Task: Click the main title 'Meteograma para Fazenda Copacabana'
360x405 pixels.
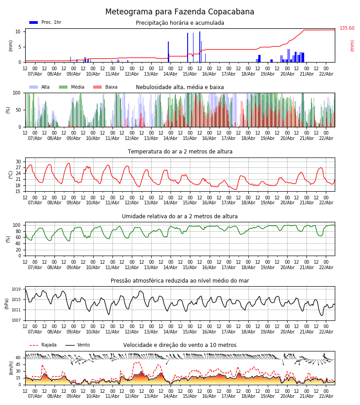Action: pos(180,12)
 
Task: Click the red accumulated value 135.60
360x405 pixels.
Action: pos(347,28)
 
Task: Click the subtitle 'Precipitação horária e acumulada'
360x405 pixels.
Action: pos(180,23)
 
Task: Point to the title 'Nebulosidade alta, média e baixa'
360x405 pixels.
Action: pos(180,87)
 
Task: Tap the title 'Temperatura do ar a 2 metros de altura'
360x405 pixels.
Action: pos(180,152)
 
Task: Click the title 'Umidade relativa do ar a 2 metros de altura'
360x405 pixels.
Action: pos(180,216)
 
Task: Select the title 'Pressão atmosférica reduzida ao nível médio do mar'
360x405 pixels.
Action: pos(180,281)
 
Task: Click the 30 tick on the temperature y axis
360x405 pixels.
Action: pos(18,162)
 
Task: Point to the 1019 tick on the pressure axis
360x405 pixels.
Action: pos(17,289)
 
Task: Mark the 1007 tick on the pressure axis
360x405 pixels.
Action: pos(17,320)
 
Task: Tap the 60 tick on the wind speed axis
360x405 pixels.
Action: pos(18,358)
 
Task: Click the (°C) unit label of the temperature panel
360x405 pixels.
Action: pos(11,175)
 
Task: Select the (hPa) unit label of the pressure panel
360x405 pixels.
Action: pos(7,303)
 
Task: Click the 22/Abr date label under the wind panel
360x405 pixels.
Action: pos(326,396)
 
